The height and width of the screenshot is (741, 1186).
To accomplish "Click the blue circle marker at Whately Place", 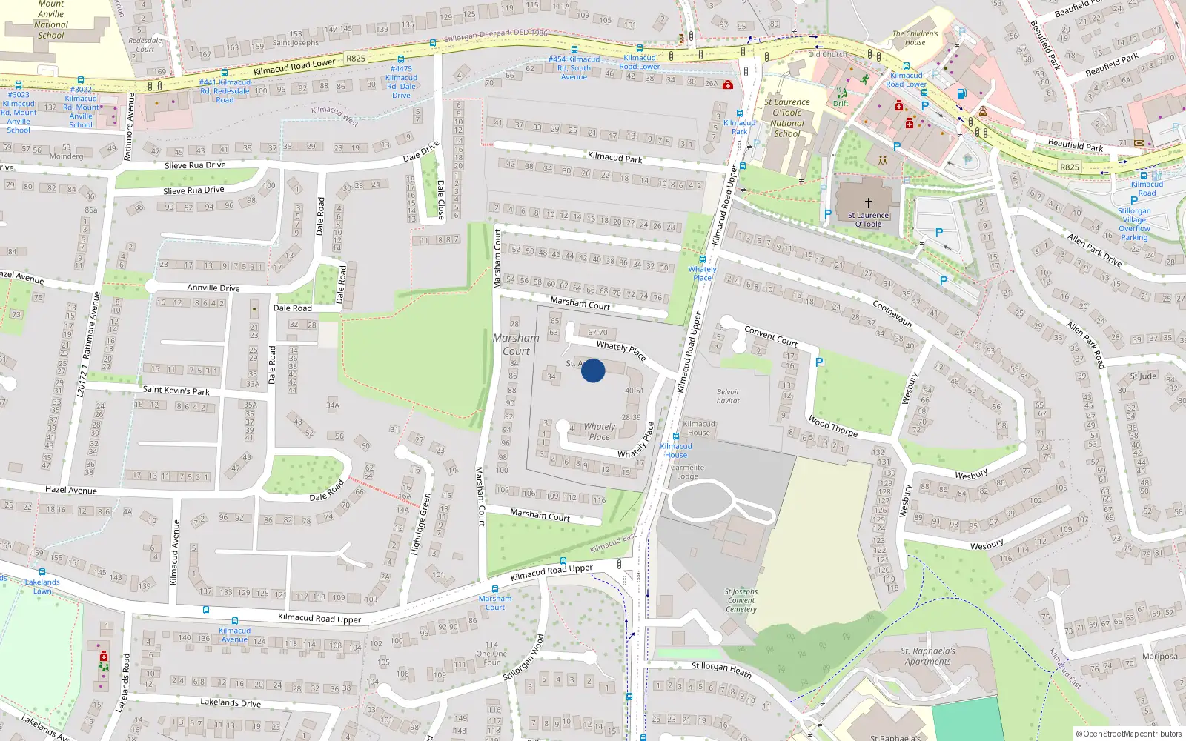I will click(x=593, y=370).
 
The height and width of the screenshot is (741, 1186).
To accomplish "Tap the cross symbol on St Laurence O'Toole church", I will click(x=868, y=202).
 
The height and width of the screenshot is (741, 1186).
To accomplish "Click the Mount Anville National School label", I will click(x=50, y=19).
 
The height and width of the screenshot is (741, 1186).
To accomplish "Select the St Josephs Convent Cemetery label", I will click(x=741, y=600).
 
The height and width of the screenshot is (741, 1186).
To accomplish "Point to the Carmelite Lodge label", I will click(x=687, y=472).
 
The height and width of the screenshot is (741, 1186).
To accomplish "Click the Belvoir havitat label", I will click(x=728, y=396).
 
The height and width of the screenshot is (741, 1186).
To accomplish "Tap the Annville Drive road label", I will click(x=213, y=288).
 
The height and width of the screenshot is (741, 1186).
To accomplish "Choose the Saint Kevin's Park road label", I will click(x=176, y=390).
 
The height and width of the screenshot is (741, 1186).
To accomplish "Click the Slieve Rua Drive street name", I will click(x=195, y=165).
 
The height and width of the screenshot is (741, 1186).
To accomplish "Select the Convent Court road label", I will click(x=771, y=336).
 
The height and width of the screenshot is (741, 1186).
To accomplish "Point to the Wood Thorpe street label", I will click(x=832, y=426).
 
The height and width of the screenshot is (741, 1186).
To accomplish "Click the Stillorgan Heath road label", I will click(x=721, y=670).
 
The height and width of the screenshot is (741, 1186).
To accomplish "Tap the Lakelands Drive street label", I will click(x=231, y=702).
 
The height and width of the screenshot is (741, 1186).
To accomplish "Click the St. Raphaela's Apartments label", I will click(x=928, y=657).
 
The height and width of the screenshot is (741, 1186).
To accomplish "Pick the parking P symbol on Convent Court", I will click(x=819, y=362).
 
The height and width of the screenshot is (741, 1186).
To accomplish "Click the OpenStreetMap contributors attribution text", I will click(x=1129, y=734).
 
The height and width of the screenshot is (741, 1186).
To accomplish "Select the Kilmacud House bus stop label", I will click(x=676, y=451).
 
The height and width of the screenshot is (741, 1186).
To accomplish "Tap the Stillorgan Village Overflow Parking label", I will click(x=1134, y=224).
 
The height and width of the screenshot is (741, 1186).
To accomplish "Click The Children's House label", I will click(x=915, y=38).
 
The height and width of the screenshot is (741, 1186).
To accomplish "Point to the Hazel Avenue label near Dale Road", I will click(x=71, y=490).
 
